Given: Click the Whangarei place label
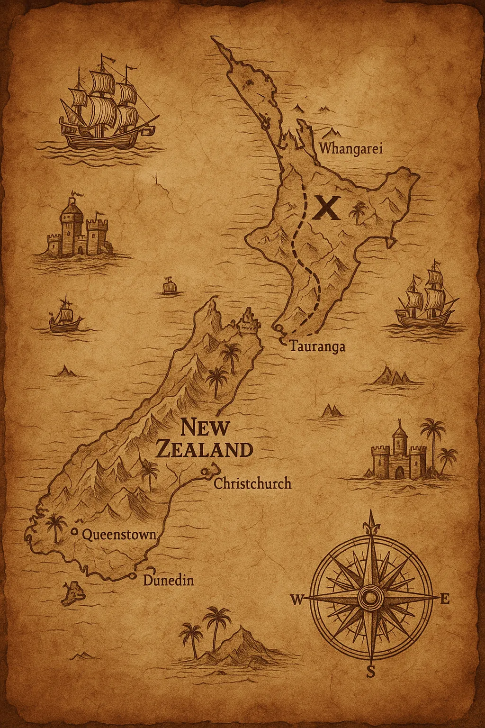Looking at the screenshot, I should (351, 148).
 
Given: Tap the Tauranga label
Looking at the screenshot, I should (317, 346).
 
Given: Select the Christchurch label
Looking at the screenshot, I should (252, 484).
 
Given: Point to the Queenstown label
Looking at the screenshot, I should (119, 535).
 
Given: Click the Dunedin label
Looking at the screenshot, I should (168, 580).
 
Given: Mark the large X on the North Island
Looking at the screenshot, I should (327, 207).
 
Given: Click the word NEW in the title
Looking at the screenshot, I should (205, 428).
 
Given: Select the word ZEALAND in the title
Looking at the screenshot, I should (204, 449).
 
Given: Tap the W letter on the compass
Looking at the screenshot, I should (297, 600).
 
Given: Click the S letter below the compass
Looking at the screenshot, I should (371, 672).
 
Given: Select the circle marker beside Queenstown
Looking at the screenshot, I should (74, 532).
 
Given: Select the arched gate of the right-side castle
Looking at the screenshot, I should (401, 472).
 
